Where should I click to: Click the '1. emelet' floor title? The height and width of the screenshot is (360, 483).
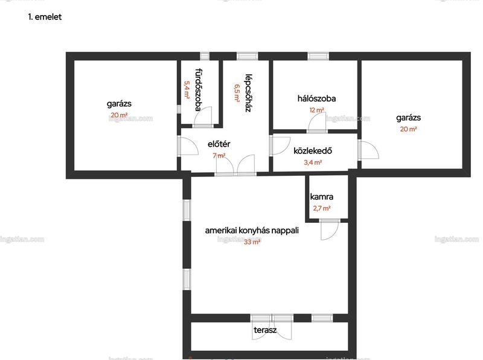point(45,17)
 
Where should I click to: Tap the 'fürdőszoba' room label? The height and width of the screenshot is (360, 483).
point(199,89)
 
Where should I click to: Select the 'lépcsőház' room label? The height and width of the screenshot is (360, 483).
point(248,93)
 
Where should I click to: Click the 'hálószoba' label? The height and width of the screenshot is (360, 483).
point(316,98)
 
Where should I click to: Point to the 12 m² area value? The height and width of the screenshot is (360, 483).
point(316,110)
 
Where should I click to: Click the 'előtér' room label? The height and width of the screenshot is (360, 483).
point(219,144)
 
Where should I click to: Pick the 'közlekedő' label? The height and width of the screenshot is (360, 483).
point(312,151)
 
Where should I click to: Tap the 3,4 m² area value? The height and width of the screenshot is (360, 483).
point(313,162)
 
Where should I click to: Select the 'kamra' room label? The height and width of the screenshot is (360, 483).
point(322,197)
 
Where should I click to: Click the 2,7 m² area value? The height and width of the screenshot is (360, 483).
point(322,208)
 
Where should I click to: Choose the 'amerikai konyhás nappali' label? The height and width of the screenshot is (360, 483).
point(252,231)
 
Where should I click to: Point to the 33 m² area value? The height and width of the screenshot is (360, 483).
point(252,242)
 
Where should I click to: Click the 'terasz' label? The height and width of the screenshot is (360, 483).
point(265,330)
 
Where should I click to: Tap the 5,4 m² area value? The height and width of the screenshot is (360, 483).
point(187,89)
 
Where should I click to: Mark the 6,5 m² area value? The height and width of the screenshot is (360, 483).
point(237,93)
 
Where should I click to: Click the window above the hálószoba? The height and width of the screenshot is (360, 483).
point(318,56)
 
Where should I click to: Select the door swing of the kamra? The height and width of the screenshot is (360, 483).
point(330,230)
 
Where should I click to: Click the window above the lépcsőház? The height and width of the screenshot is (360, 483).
point(248,56)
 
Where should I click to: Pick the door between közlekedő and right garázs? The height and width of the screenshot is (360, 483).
point(368,150)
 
